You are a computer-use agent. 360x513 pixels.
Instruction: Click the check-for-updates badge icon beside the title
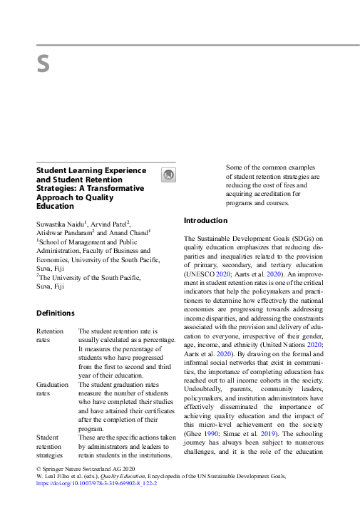pos(168,175)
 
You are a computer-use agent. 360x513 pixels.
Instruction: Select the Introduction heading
pos(206,221)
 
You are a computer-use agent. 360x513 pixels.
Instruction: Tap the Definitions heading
pos(56,313)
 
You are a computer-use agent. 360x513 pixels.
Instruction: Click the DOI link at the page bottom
pos(96,483)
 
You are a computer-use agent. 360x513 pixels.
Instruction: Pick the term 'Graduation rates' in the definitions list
pos(53,388)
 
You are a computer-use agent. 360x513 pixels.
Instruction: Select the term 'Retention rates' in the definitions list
pos(50,336)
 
